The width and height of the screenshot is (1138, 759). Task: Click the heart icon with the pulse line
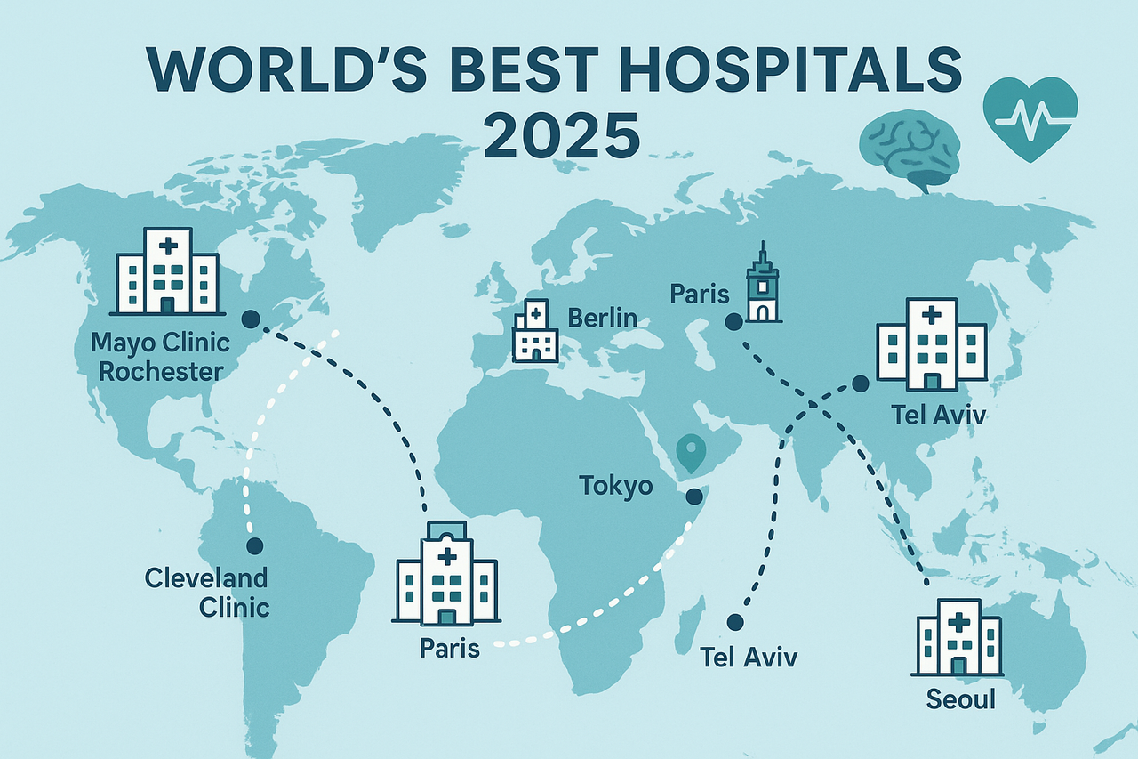coord(1030,118)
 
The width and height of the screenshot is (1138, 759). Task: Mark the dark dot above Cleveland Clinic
coord(255,545)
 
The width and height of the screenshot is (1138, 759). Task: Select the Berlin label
coord(603,318)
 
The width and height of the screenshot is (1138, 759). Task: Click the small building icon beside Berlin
coord(536,331)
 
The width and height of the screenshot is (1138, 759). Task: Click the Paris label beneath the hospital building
coord(449,647)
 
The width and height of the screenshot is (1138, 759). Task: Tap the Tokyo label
coord(616,486)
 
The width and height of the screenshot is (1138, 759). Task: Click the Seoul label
coord(960,699)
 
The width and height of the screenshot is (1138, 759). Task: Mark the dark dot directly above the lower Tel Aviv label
coord(734,622)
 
